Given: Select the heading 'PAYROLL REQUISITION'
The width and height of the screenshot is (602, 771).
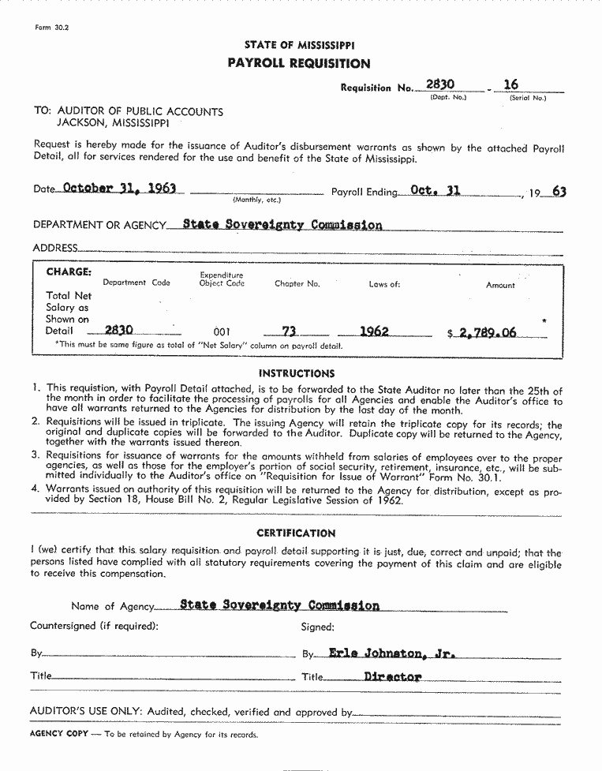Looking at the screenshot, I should click(299, 63).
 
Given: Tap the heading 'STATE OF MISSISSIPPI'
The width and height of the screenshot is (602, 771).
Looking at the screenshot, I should click(299, 45).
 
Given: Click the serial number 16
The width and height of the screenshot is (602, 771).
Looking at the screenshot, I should click(510, 84).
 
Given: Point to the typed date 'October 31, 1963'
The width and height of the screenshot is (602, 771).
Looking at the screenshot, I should click(118, 189).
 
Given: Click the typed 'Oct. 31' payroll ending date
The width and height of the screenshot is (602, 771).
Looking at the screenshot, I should click(435, 190).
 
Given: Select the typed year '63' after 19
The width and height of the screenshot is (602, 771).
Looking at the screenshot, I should click(559, 191).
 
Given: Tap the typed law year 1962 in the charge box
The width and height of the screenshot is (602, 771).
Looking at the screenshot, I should click(374, 331).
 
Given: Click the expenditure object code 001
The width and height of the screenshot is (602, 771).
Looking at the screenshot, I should click(222, 332).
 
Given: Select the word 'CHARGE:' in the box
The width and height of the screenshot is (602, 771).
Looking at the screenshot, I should click(69, 272).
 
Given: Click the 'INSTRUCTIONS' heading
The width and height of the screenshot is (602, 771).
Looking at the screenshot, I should click(297, 373).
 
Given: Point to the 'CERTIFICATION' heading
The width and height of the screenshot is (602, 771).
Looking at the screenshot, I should click(296, 533).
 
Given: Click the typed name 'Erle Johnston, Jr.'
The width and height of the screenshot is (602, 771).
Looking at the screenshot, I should click(392, 653).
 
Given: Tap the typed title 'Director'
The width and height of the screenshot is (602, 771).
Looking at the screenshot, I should click(392, 676).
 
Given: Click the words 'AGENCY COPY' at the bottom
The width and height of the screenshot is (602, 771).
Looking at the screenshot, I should click(58, 734).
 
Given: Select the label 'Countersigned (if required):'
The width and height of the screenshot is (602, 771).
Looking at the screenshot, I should click(94, 627).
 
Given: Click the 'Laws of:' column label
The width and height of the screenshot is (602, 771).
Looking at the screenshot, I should click(384, 284).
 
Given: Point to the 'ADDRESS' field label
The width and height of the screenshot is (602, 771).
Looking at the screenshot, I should click(55, 248).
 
